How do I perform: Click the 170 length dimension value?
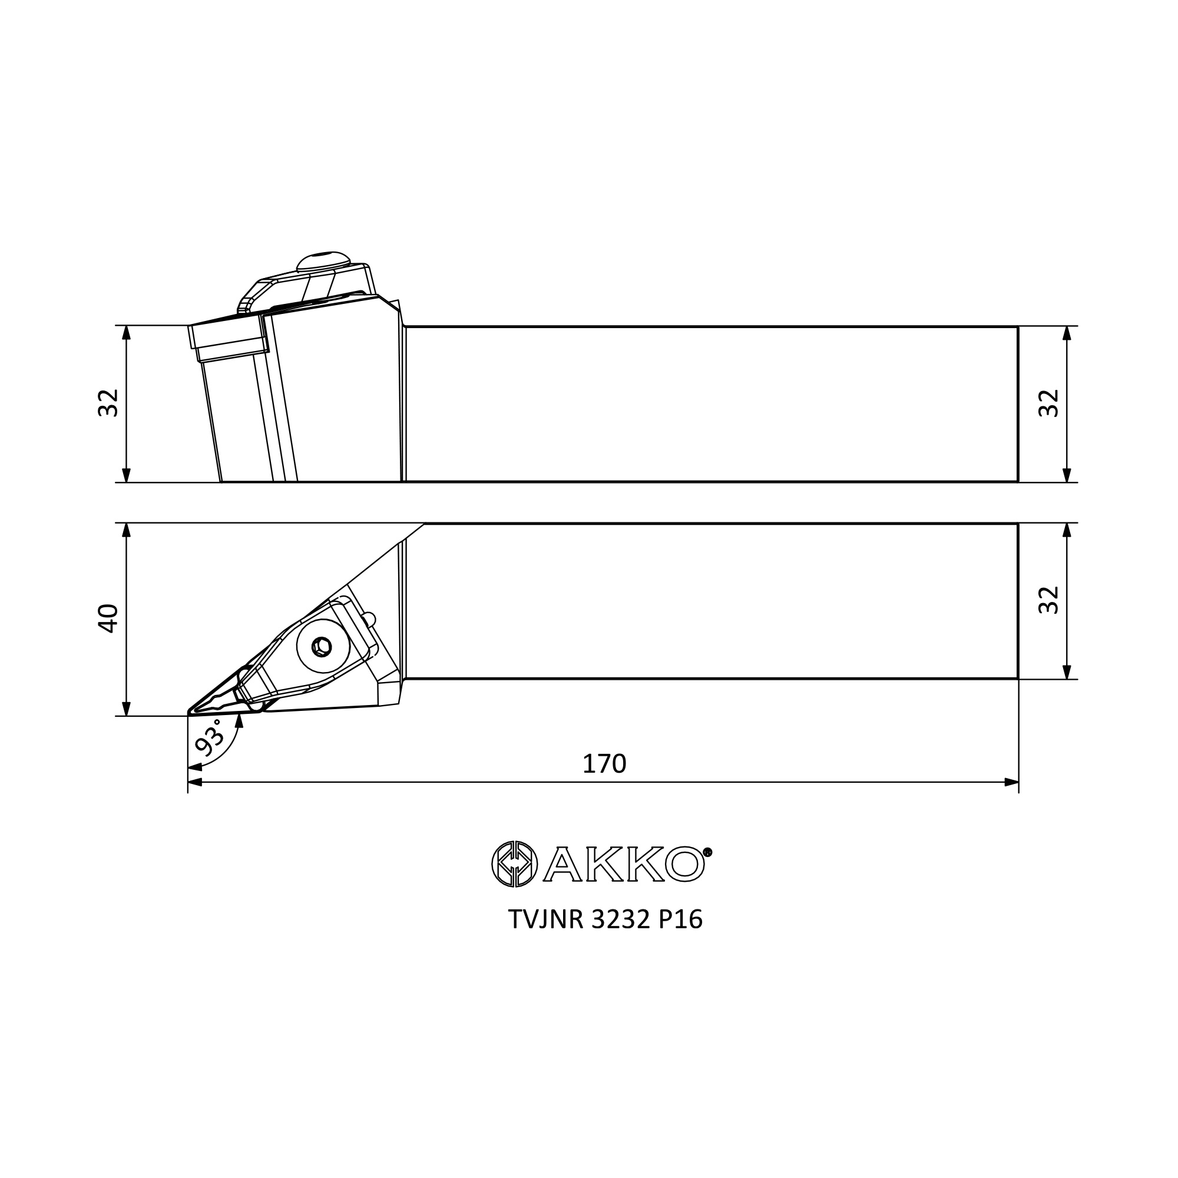click(x=604, y=764)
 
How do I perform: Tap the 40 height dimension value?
click(x=108, y=618)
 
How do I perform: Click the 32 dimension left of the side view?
click(x=108, y=402)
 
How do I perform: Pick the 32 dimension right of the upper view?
click(x=1049, y=403)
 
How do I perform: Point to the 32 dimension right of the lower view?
click(x=1049, y=601)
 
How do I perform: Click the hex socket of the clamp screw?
click(x=322, y=647)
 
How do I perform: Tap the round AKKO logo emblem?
click(x=515, y=863)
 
